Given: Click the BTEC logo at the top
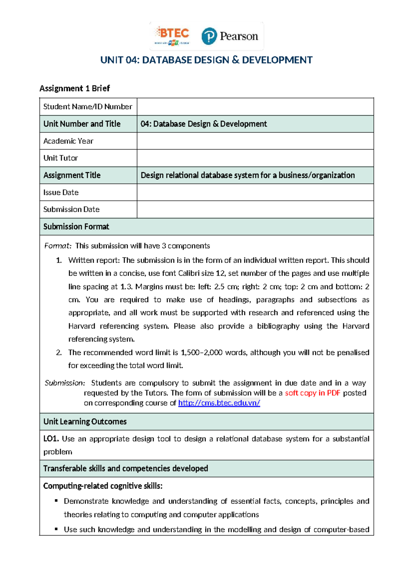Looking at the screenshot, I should pos(172,36).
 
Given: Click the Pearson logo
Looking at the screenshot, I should pos(230,36).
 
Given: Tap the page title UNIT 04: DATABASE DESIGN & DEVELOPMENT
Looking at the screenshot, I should pos(206,60).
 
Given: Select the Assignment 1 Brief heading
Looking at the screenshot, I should pos(74,88).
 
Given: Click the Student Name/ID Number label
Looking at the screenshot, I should pos(87,107).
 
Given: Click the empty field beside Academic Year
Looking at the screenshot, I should pos(255,141).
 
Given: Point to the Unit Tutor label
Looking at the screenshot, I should pos(61,158).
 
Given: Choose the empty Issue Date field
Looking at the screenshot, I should pos(255,192).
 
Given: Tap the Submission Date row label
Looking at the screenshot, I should pos(71,209).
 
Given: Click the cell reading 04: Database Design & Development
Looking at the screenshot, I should pos(204,124).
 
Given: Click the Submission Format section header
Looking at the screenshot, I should pos(76,227).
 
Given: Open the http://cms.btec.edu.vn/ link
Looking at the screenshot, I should pos(219,403).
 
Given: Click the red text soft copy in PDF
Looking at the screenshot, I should pos(313,393).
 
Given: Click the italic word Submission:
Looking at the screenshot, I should pos(65,383).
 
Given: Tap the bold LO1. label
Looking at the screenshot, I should pos(51,439).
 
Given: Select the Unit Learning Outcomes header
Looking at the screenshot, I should pos(85,421).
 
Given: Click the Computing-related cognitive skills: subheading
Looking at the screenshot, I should pos(103,486).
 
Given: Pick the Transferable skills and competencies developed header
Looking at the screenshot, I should pos(126,469).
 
